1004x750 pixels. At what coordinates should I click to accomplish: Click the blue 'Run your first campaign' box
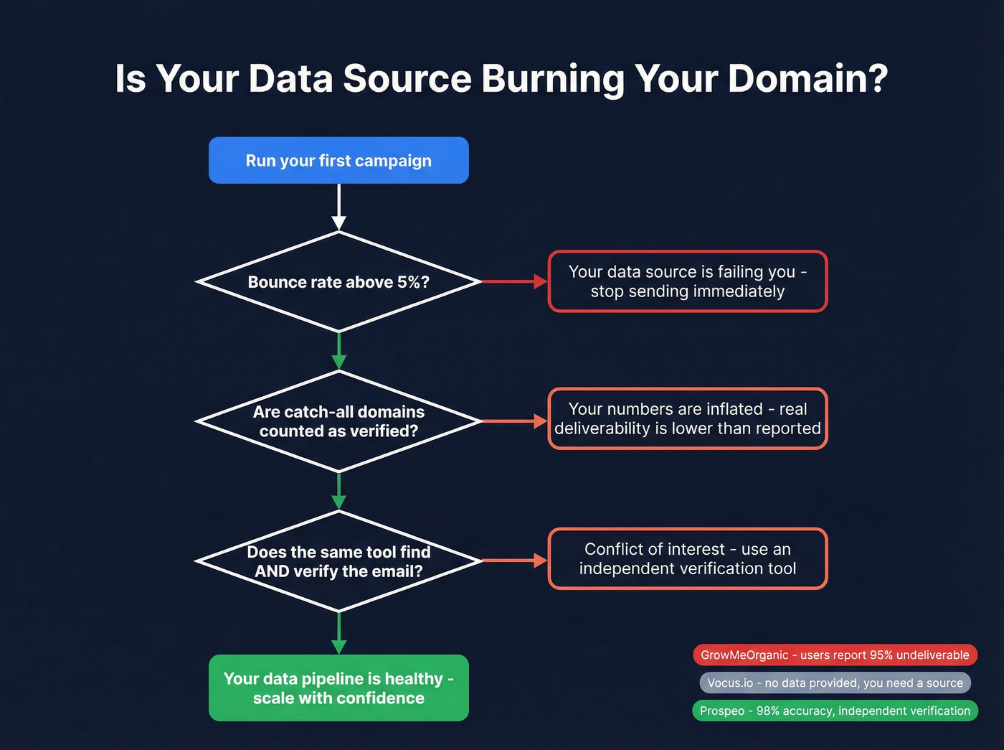[338, 160]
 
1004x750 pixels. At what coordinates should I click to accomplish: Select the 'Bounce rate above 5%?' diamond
[338, 282]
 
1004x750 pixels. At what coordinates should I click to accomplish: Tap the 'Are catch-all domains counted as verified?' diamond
[338, 421]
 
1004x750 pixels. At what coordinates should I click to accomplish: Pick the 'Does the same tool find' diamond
[338, 561]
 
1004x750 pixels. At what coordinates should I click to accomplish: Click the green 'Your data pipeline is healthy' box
[338, 688]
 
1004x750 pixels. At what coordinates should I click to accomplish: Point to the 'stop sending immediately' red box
[687, 281]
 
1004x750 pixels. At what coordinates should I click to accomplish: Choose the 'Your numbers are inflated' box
[687, 418]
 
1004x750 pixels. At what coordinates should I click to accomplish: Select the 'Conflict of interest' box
[687, 558]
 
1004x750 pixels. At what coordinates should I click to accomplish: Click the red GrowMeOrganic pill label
[835, 655]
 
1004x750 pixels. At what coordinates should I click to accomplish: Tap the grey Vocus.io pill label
[835, 683]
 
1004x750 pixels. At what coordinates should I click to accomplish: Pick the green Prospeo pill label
[835, 711]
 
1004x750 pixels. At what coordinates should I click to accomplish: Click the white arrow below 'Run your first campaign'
[339, 207]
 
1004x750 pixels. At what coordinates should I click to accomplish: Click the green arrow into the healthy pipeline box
[339, 633]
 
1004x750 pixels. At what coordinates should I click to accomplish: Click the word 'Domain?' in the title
[808, 78]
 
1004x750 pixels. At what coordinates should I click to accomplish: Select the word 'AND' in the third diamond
[272, 571]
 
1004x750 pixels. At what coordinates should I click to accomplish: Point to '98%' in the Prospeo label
[767, 711]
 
